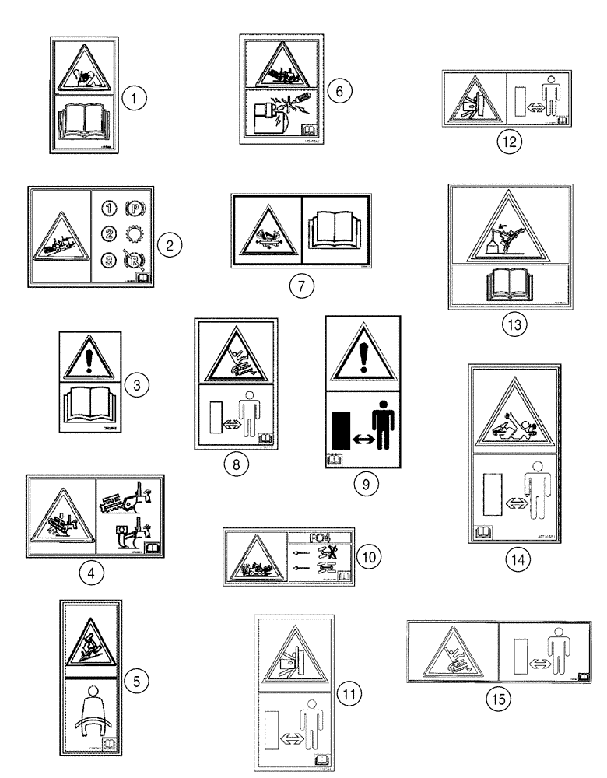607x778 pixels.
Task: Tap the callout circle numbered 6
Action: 339,90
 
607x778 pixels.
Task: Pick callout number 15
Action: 498,699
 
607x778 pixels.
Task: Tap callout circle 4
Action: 92,573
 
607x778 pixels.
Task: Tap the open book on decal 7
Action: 337,230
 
